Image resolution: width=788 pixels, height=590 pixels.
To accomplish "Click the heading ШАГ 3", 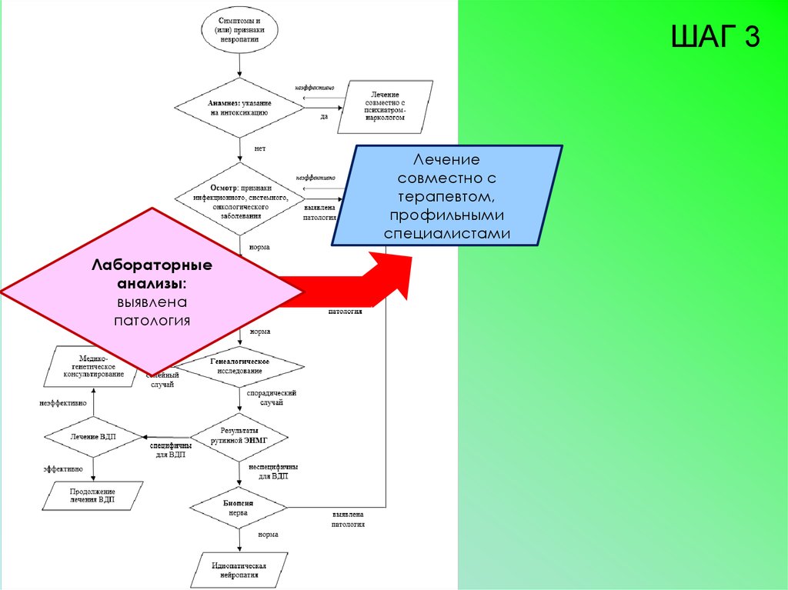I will click(x=716, y=36).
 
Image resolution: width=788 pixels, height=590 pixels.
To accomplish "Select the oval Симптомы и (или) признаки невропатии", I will click(x=238, y=29).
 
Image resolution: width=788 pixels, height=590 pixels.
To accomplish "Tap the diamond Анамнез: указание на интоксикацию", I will click(x=238, y=107).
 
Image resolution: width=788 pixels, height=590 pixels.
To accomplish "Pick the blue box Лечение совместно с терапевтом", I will click(x=446, y=195).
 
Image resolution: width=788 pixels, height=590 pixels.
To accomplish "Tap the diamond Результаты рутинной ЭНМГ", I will click(x=239, y=435).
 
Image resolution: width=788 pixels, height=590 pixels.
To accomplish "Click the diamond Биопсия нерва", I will click(x=239, y=507).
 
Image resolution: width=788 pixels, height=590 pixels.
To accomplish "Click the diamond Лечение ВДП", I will click(x=93, y=436).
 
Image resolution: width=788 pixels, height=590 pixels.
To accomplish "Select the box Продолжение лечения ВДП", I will click(x=92, y=495).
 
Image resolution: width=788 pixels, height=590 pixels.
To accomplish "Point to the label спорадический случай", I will click(x=271, y=398).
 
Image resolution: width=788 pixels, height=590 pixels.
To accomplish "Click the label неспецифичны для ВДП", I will click(x=272, y=472).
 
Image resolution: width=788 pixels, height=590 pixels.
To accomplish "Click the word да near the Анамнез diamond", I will click(x=324, y=117).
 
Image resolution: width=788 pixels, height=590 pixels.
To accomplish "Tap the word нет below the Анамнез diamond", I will click(x=259, y=148).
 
